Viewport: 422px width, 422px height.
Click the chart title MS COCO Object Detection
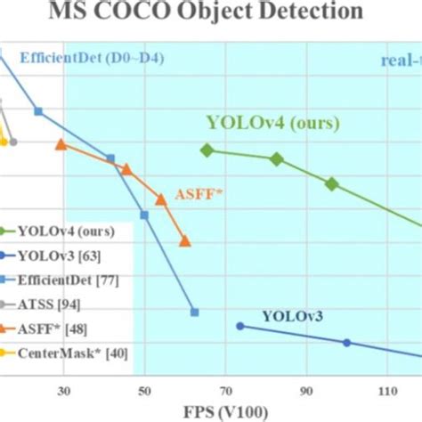click(x=211, y=12)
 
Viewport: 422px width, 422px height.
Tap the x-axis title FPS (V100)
click(x=211, y=411)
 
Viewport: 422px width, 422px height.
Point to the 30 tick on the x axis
click(x=64, y=389)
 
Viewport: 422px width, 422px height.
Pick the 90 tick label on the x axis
click(x=305, y=389)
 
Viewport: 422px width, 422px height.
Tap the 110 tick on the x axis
click(x=386, y=389)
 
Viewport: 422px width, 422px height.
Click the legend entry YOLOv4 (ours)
click(x=66, y=234)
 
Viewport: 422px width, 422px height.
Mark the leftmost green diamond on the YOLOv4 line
click(x=207, y=150)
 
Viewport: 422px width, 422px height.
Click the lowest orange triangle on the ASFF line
click(x=184, y=240)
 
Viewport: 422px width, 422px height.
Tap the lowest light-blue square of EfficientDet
click(x=195, y=312)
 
